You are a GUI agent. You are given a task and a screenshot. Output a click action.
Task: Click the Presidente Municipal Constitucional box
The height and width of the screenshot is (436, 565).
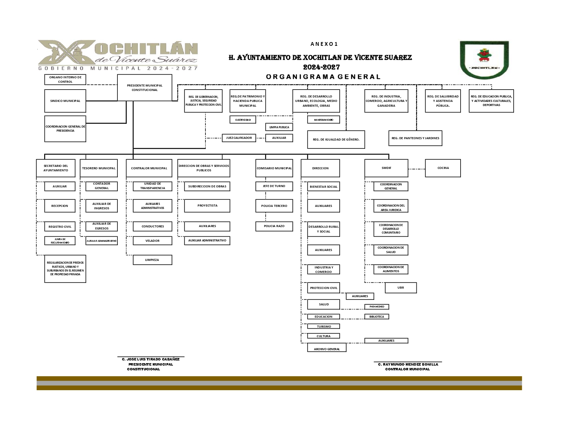(145, 88)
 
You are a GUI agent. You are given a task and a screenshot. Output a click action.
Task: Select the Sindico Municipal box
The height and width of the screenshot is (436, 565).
(65, 101)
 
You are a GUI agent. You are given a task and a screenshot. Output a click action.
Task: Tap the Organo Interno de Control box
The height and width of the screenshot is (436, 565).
(65, 80)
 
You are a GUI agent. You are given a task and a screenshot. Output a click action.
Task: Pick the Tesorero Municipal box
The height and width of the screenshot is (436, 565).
(99, 168)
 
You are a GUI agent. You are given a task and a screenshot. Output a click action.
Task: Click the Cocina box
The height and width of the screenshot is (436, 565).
(443, 168)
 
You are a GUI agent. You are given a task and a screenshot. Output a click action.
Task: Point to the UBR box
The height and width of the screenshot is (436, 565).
(401, 288)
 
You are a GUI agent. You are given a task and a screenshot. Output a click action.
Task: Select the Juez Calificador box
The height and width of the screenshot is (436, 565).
(239, 138)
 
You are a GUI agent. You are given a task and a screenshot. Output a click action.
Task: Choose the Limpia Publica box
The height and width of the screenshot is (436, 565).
(279, 127)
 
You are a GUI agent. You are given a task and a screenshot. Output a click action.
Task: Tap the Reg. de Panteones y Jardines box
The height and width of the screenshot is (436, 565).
(415, 138)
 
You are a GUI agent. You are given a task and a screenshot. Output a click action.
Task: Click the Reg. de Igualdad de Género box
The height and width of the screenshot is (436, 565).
(336, 140)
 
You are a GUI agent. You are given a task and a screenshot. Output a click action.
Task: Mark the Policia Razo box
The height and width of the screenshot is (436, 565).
(274, 226)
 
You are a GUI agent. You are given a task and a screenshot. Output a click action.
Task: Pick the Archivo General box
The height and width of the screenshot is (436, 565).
(327, 348)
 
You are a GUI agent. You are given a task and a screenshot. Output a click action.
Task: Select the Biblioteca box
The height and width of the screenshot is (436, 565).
(377, 317)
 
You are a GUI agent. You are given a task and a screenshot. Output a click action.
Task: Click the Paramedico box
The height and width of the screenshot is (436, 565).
(377, 307)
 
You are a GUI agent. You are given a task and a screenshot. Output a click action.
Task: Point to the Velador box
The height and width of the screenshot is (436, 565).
(152, 241)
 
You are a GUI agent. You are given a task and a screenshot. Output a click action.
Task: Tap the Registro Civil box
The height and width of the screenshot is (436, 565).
(60, 226)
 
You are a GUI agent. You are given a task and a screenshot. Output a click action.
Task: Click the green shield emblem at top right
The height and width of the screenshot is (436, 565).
(484, 60)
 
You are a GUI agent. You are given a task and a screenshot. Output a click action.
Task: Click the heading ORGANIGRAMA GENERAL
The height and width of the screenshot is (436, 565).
(323, 77)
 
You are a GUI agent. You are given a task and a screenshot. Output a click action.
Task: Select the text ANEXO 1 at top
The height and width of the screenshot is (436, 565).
(324, 44)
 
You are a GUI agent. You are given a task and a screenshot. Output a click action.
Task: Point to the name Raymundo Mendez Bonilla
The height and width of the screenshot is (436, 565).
(408, 364)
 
